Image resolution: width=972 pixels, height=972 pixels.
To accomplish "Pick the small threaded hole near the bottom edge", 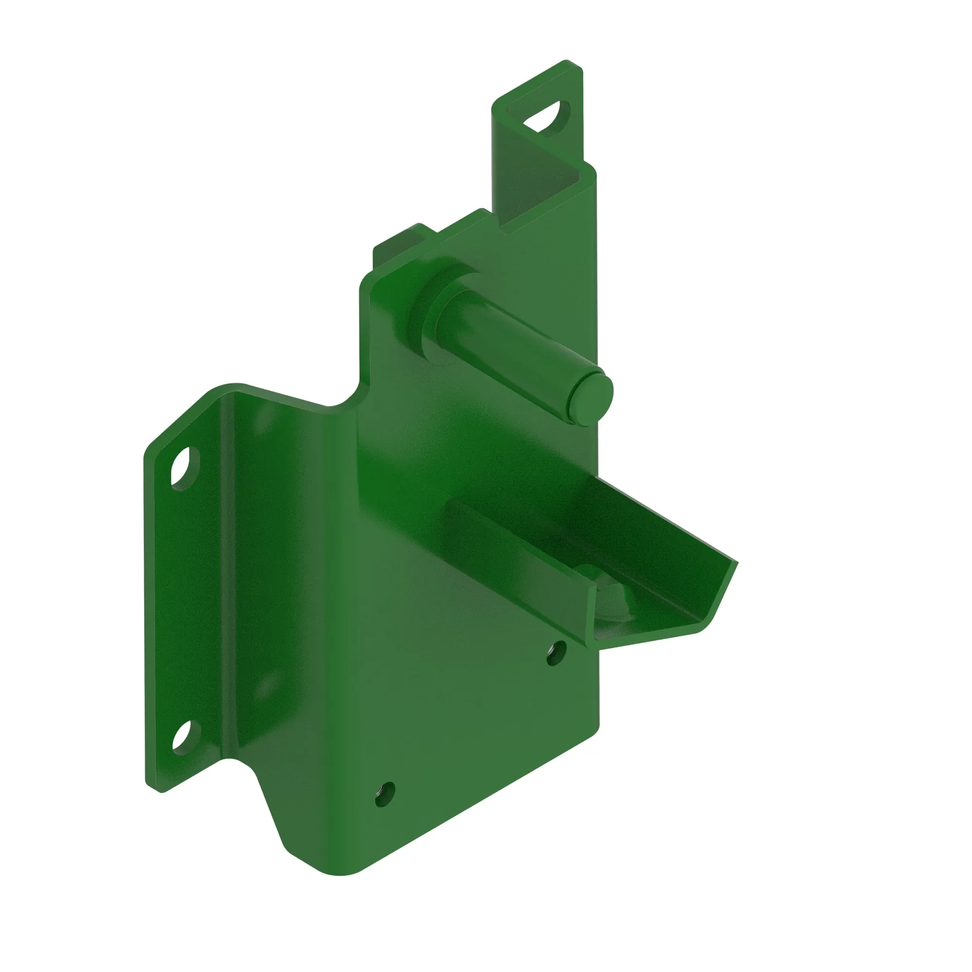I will click(385, 795).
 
